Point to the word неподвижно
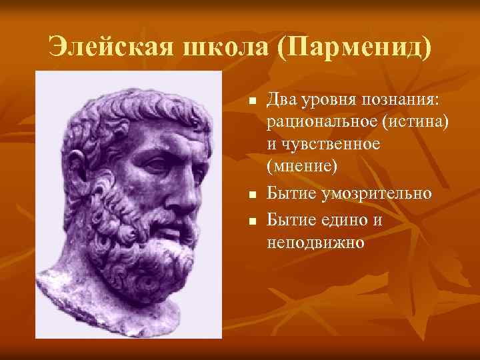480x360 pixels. [x=316, y=241]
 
